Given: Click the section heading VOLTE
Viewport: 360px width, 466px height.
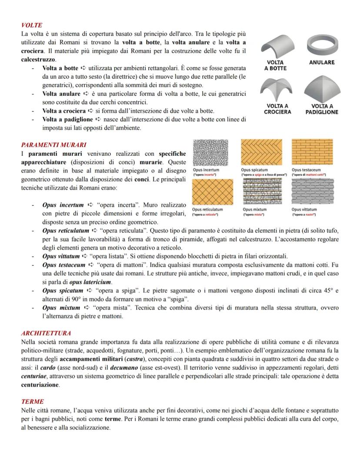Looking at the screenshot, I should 32,25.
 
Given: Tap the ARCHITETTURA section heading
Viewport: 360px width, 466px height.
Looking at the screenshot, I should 46,333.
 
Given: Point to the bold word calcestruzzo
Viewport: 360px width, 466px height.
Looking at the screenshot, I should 38,59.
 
